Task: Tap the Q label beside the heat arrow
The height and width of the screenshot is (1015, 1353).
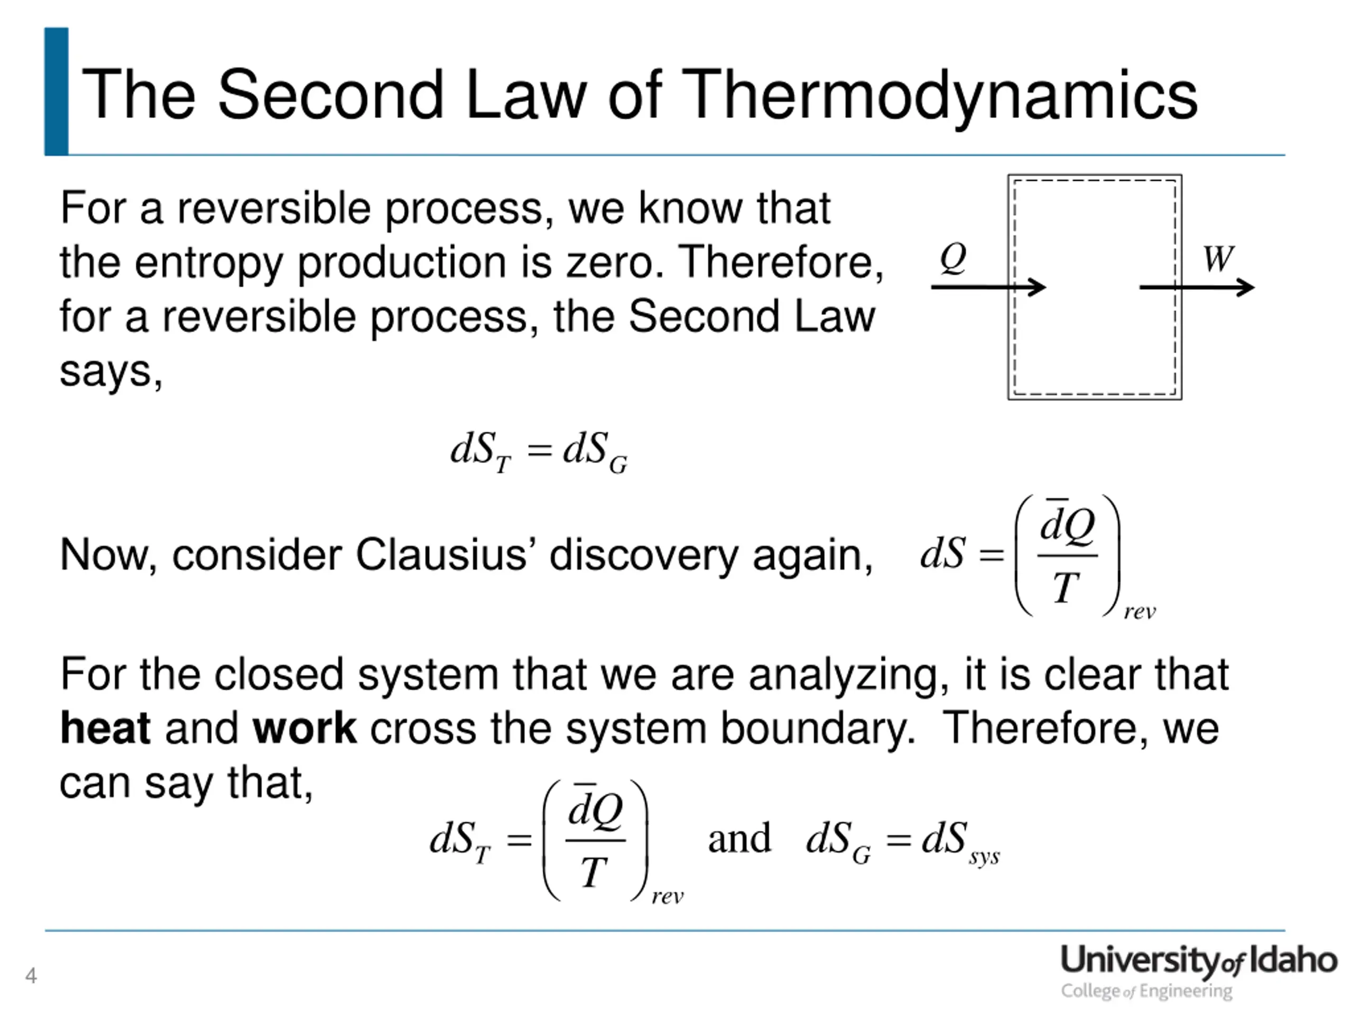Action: pos(952,257)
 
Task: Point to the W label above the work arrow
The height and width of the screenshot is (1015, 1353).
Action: pos(1217,259)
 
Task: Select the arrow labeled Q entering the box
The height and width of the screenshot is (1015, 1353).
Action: pos(988,287)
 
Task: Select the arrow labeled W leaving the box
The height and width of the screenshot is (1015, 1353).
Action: pos(1196,287)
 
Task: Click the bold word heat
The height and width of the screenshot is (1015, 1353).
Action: pos(105,728)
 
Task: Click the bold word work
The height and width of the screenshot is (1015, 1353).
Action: pos(304,728)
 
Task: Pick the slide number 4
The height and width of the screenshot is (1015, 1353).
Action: pos(31,975)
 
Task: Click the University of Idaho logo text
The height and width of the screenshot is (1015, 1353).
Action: pos(1198,960)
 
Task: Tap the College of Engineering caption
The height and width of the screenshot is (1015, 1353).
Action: pos(1146,991)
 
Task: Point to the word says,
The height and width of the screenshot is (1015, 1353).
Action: pos(110,371)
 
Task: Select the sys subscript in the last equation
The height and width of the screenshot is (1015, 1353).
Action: pos(984,856)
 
